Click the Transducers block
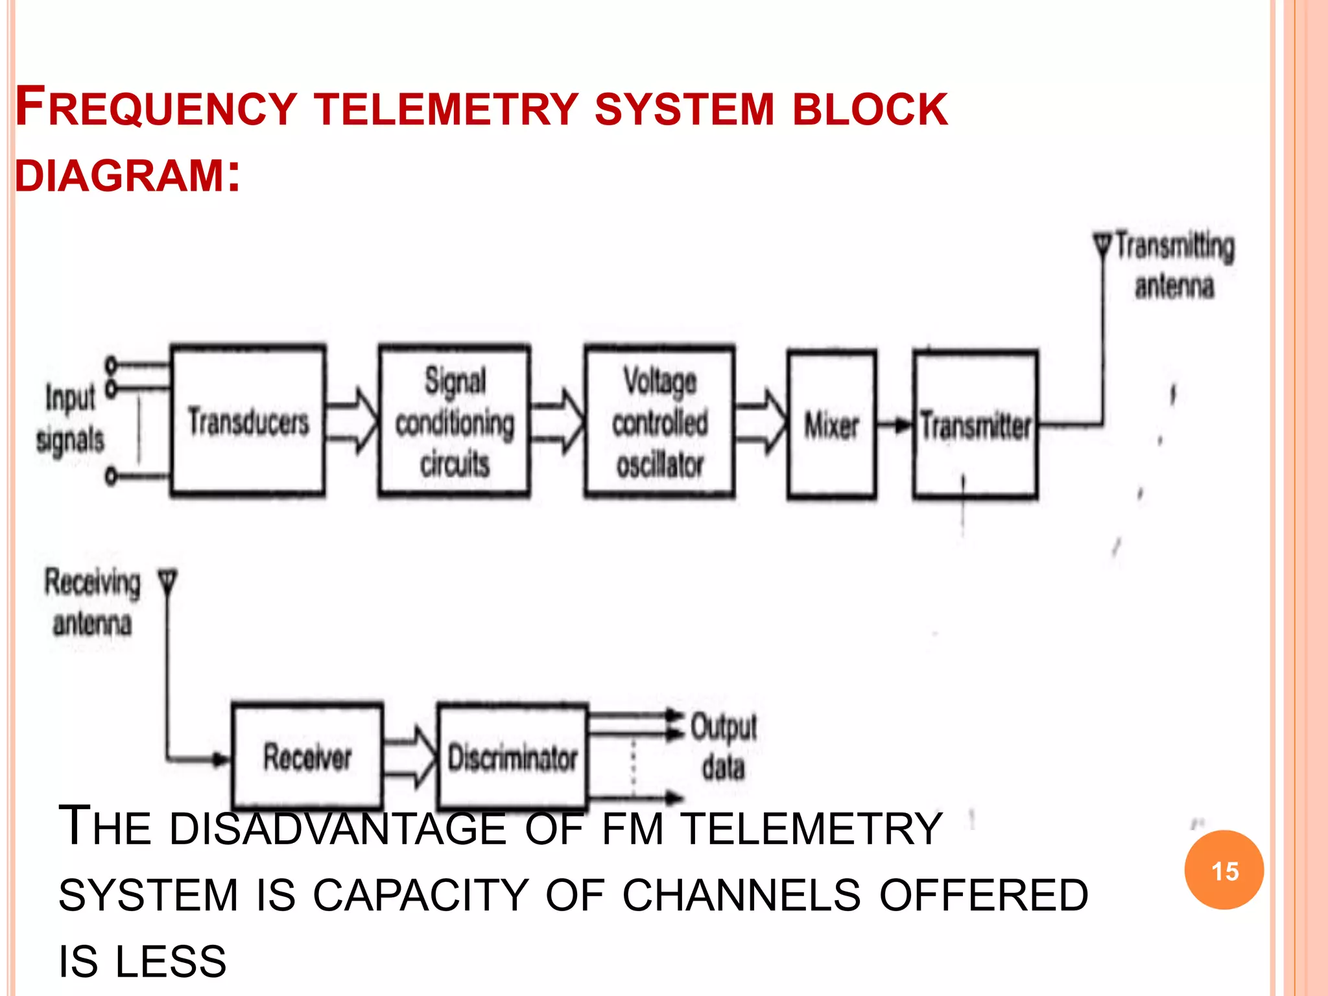(248, 421)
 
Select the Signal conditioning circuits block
(454, 421)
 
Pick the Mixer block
(831, 425)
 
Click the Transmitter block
(975, 425)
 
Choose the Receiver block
(307, 756)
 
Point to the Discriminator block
(512, 757)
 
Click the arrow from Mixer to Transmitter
(895, 425)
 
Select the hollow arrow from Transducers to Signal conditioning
(351, 421)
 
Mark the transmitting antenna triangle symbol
(1102, 245)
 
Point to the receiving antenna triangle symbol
(167, 580)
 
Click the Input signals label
(70, 418)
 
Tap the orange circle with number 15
(1224, 870)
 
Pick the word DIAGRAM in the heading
(120, 176)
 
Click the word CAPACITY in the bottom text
(420, 895)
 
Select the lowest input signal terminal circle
(111, 477)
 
